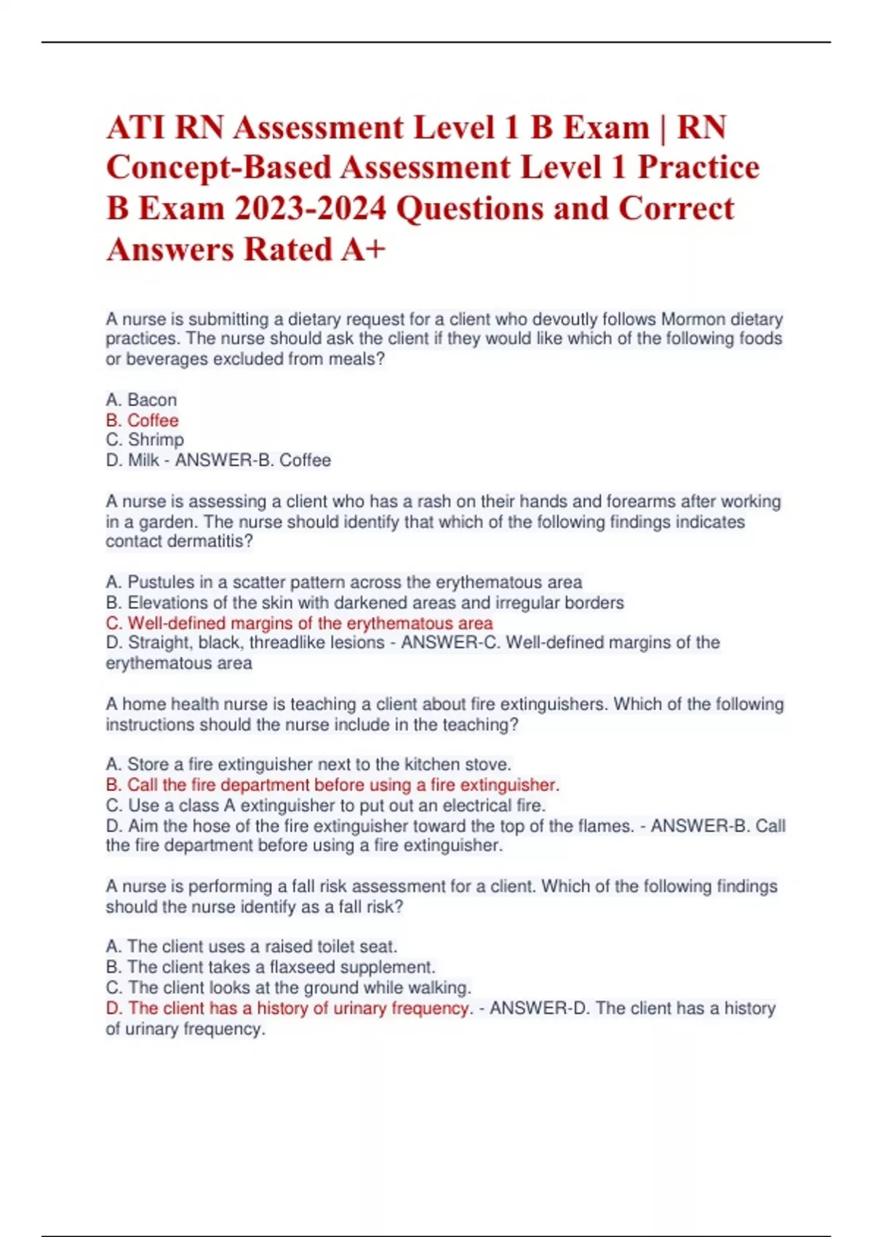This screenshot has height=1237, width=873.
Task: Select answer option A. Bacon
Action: tap(141, 399)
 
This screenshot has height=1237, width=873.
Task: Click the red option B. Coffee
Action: tap(142, 420)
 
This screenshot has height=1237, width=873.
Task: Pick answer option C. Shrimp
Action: tap(145, 439)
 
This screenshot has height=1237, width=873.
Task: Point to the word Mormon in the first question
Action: tap(693, 319)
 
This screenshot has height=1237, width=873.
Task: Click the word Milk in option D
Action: tap(143, 460)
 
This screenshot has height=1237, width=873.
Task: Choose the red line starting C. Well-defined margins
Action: tap(299, 623)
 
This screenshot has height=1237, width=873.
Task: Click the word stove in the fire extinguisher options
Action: tap(492, 764)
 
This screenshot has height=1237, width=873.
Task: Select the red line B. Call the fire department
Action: tap(332, 784)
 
